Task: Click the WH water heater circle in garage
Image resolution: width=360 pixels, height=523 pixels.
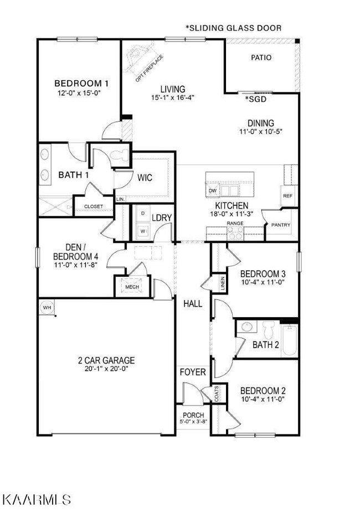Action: point(46,307)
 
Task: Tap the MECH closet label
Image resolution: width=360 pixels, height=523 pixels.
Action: point(131,287)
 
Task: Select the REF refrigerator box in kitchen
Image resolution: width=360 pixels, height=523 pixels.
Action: point(287,196)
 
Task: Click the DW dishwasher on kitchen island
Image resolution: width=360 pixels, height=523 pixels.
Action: point(213,191)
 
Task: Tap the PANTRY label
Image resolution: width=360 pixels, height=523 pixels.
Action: point(276,225)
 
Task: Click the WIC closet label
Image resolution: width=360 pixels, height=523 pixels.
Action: point(145,178)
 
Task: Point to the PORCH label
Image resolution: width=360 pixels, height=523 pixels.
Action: point(193,415)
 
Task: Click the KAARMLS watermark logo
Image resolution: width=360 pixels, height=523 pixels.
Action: point(37,499)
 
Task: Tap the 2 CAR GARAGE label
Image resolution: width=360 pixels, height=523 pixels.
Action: point(106,360)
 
